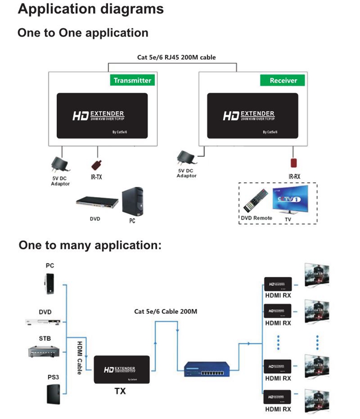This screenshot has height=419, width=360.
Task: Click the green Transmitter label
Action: pyautogui.click(x=132, y=80)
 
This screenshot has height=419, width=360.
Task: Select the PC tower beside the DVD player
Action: pyautogui.click(x=132, y=201)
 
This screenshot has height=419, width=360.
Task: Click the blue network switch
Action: pyautogui.click(x=205, y=369)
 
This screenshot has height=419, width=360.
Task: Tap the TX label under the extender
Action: pyautogui.click(x=120, y=391)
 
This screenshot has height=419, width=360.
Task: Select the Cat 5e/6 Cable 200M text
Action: pyautogui.click(x=166, y=311)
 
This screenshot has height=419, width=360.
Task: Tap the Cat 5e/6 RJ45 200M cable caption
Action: pyautogui.click(x=176, y=57)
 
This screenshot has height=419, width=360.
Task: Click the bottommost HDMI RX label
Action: pyautogui.click(x=278, y=409)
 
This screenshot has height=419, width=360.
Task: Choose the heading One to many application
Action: pyautogui.click(x=90, y=245)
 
